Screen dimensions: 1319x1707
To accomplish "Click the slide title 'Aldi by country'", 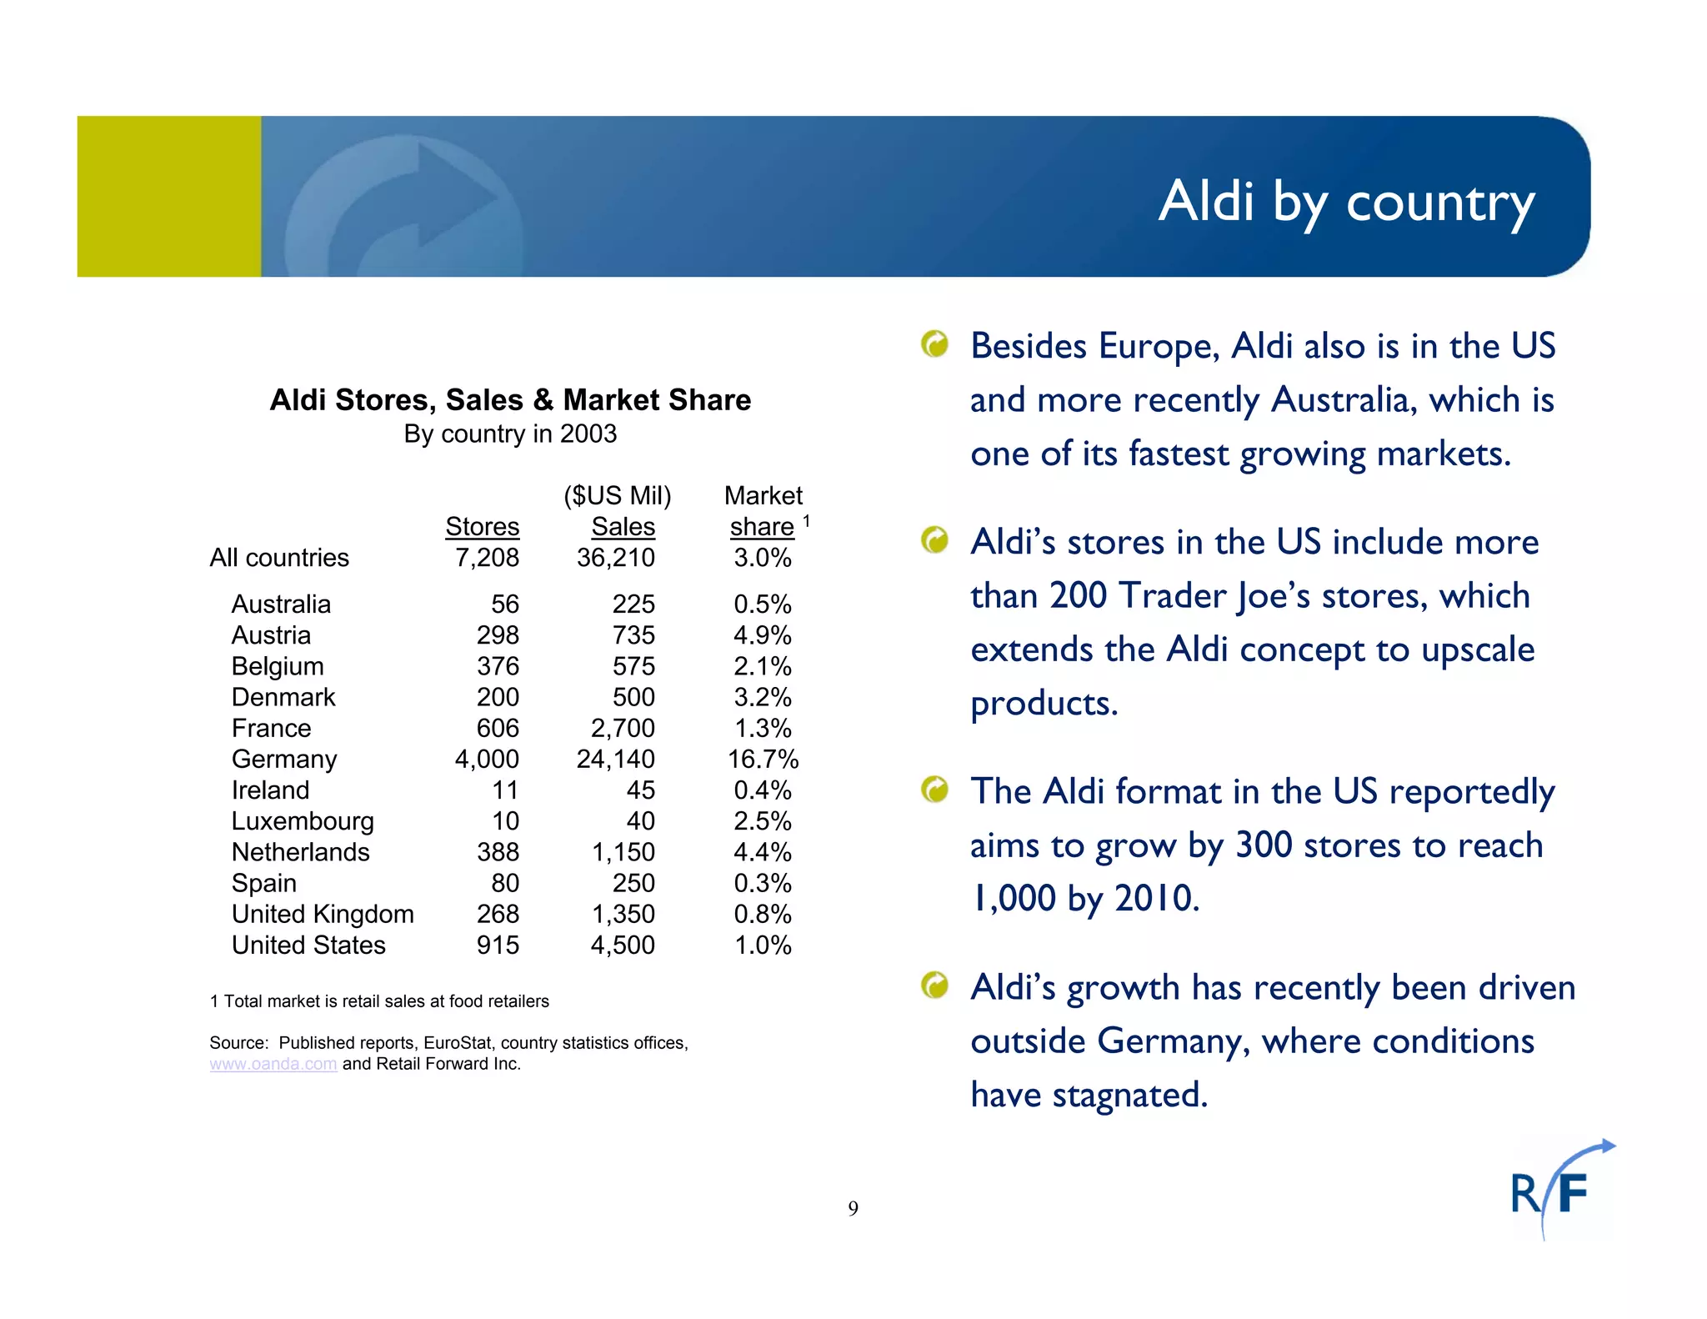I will tap(1345, 202).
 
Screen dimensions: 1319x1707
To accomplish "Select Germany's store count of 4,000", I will tap(487, 759).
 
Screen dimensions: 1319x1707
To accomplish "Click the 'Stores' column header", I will tap(482, 527).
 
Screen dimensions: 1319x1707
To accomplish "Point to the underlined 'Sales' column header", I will tap(623, 527).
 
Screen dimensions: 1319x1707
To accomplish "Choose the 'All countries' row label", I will tap(279, 558).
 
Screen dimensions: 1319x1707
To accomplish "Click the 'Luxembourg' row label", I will tap(303, 821).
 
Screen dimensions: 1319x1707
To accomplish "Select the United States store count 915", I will tap(498, 945).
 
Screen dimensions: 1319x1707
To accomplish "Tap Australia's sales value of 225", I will tap(633, 604).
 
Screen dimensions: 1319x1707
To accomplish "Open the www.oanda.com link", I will tap(273, 1064).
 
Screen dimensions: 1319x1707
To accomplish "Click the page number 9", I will tap(853, 1208).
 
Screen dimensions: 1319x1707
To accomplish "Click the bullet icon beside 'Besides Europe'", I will tap(934, 344).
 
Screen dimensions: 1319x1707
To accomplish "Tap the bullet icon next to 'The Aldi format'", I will tap(934, 789).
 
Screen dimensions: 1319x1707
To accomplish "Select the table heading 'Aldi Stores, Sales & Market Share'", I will tap(510, 400).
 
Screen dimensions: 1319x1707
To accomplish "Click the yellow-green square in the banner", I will tap(169, 196).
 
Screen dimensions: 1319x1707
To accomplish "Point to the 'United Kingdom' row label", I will tap(323, 914).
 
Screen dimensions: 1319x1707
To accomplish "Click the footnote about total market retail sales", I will tap(379, 1001).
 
